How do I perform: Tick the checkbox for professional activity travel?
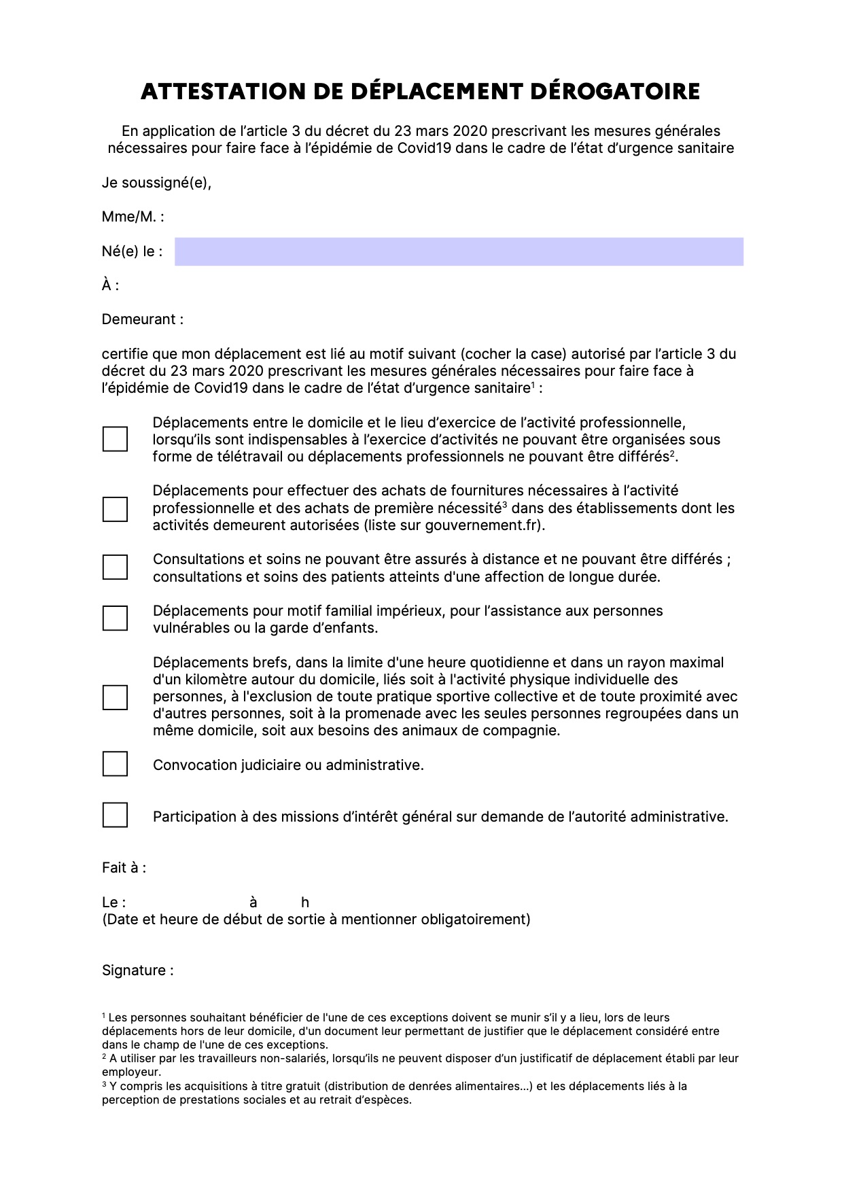point(115,439)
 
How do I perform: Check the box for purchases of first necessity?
point(115,509)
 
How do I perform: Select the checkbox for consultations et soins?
point(115,567)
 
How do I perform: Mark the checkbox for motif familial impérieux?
point(115,618)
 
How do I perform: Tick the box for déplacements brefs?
point(115,697)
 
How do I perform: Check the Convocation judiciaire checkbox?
point(115,764)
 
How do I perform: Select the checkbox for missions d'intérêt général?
point(115,815)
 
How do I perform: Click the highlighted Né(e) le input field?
point(459,251)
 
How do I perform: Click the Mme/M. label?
point(133,217)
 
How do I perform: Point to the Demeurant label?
point(143,319)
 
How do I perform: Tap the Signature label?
point(137,970)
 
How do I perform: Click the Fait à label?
point(124,868)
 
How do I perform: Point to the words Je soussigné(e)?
point(156,183)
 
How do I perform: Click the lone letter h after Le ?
point(305,902)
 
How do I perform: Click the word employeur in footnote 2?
point(130,1072)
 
